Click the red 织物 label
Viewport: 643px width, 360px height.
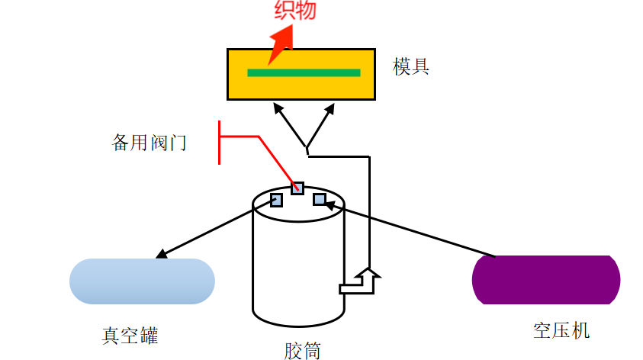tap(295, 10)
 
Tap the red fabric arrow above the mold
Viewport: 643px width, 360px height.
tap(282, 43)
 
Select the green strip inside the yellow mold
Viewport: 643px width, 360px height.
tap(304, 73)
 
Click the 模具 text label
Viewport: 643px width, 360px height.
tap(410, 66)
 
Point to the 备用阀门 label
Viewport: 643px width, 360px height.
tap(149, 143)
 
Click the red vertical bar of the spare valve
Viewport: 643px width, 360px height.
tap(220, 143)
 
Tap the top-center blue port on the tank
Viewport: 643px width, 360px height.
tap(297, 188)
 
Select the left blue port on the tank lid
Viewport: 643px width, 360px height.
tap(276, 200)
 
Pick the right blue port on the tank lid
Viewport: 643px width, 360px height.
tap(320, 200)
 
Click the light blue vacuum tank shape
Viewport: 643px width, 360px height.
tap(143, 281)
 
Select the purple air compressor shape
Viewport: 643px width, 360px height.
tap(546, 280)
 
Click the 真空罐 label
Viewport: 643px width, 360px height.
tap(130, 336)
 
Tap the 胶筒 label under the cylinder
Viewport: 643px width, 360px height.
tap(302, 351)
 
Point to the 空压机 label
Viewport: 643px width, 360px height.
tap(561, 330)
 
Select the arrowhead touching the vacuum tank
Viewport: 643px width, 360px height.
tap(162, 254)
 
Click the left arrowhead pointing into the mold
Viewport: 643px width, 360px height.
tap(278, 108)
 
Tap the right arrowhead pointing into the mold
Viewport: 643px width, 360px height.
tap(330, 108)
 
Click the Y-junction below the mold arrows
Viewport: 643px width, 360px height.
tap(307, 147)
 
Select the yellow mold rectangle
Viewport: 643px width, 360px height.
tap(301, 74)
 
